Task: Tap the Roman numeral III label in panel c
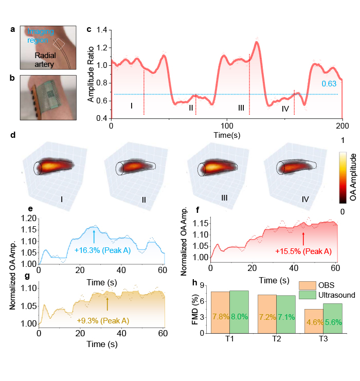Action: point(241,107)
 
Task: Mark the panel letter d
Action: point(12,135)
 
